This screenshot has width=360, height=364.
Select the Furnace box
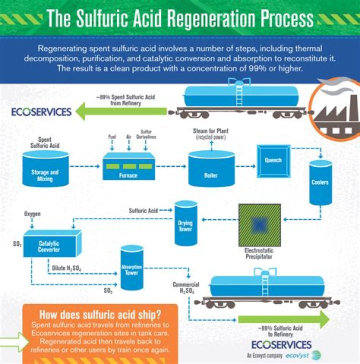pyautogui.click(x=129, y=168)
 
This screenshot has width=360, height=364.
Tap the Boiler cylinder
pyautogui.click(x=211, y=170)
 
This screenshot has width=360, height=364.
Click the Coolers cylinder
pyautogui.click(x=320, y=182)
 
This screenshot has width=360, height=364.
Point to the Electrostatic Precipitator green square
pyautogui.click(x=259, y=224)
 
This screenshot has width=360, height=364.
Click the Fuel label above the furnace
pyautogui.click(x=112, y=136)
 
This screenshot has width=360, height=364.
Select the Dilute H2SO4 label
pyautogui.click(x=66, y=268)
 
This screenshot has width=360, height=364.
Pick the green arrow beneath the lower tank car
pyautogui.click(x=283, y=319)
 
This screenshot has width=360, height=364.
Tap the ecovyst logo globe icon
pyautogui.click(x=315, y=356)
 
